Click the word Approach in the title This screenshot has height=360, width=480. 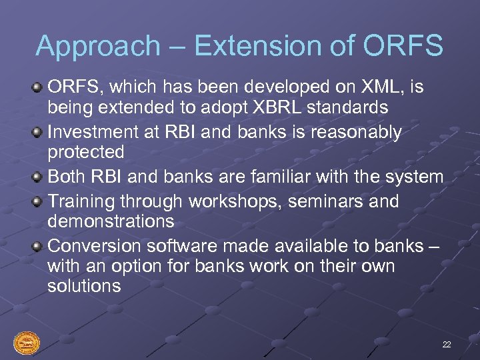point(97,47)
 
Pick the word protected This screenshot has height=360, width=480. point(86,153)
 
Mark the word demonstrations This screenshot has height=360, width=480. point(111,221)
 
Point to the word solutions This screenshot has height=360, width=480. point(84,287)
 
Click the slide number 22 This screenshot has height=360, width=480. point(446,344)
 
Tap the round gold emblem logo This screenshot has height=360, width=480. point(27,343)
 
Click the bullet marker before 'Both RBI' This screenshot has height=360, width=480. point(39,177)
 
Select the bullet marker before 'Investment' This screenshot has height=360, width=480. point(39,131)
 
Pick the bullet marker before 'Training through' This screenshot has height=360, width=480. point(39,201)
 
